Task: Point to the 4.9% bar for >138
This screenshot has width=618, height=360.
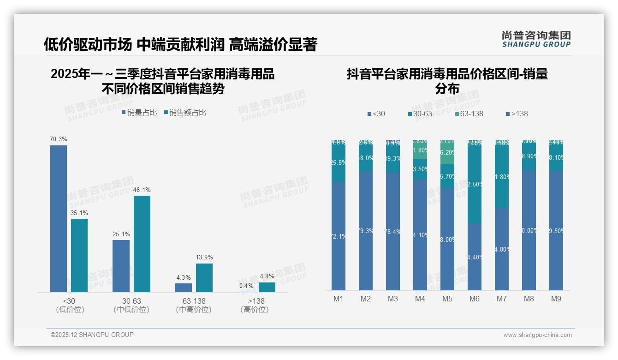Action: pos(267,287)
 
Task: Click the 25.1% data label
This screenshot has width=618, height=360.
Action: pos(121,234)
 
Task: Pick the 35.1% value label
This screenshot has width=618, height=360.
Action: pos(79,213)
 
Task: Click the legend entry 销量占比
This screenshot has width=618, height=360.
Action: pos(139,113)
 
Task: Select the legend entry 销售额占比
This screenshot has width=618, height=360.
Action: pos(184,113)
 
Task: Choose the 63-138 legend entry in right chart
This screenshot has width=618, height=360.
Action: pos(469,114)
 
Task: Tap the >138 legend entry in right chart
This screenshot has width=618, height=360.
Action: pos(517,114)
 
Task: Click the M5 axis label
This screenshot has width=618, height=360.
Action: pos(447,299)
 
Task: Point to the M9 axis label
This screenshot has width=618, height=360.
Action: pos(556,299)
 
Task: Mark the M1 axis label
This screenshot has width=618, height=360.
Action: pos(338,299)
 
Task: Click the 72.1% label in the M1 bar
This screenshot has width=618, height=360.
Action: pos(338,236)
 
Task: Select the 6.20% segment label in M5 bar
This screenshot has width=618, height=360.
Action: pos(447,152)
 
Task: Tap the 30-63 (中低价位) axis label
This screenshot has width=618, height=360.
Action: pos(131,305)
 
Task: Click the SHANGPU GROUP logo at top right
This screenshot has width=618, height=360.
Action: pos(536,39)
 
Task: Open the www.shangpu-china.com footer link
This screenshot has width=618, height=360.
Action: pos(537,335)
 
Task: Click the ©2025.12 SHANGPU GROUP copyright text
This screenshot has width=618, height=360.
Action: pos(92,335)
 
